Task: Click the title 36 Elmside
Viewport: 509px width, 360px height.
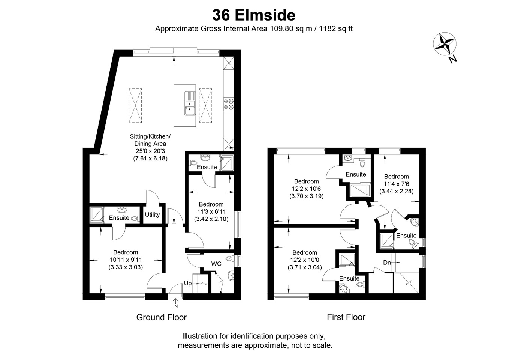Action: (254, 15)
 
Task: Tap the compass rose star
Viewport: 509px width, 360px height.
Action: (445, 44)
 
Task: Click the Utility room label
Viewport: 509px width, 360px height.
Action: (152, 214)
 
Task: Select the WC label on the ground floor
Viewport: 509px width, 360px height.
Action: (216, 264)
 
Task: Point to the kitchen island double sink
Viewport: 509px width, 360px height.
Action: (190, 103)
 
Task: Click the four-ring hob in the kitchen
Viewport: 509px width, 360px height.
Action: (229, 104)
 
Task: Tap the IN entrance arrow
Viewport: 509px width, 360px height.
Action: (175, 303)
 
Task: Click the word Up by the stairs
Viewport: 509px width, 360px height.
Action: (188, 283)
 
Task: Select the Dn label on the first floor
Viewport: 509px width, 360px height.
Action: (387, 262)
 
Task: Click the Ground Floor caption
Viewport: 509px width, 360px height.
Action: (161, 317)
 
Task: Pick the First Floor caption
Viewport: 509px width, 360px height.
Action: (346, 317)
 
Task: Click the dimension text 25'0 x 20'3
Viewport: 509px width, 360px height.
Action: (150, 151)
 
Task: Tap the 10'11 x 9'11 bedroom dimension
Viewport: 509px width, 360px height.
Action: (126, 259)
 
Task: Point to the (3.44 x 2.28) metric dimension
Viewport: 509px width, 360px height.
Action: (396, 191)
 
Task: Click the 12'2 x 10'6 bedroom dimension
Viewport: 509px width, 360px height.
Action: (306, 189)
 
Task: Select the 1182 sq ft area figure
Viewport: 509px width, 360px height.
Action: (336, 29)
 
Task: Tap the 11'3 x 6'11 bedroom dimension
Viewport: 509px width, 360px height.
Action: (211, 211)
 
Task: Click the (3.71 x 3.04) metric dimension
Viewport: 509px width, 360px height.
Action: (305, 267)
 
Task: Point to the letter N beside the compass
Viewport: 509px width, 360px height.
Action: (452, 60)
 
